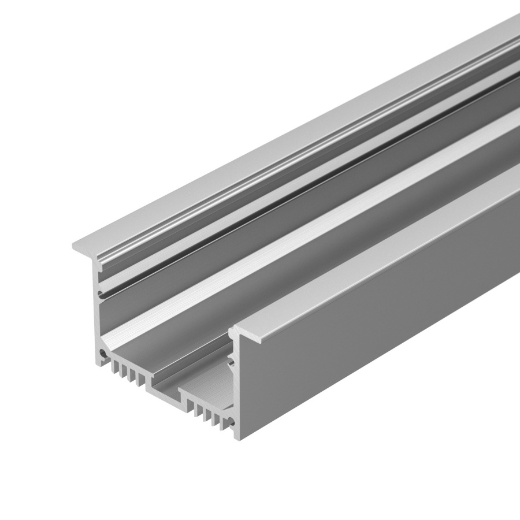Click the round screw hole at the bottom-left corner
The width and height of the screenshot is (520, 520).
(102, 352)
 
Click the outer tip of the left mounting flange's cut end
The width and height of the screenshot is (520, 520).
(73, 247)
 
